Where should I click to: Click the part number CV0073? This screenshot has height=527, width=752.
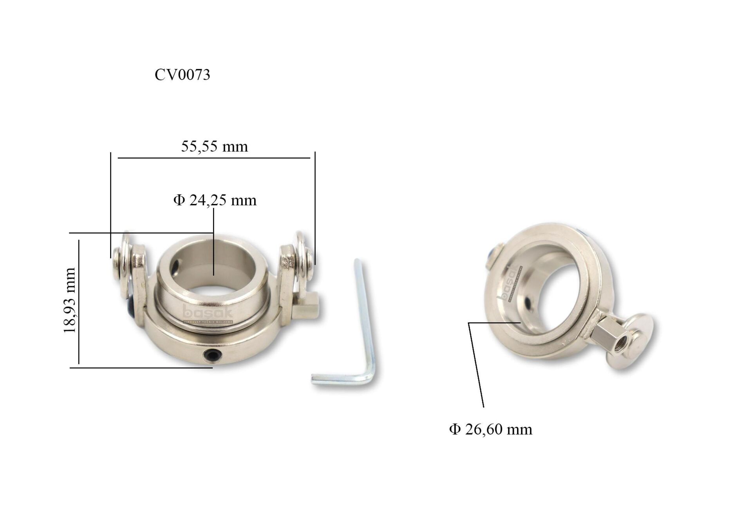(182, 74)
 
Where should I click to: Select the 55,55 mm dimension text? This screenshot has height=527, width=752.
(214, 146)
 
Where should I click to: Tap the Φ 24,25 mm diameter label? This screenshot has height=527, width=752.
(215, 200)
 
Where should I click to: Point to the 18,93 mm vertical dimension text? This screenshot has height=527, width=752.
(69, 300)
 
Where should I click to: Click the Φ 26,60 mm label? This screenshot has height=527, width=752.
(490, 430)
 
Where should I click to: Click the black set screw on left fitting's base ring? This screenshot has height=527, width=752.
(211, 355)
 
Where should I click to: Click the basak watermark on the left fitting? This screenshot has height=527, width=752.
(208, 313)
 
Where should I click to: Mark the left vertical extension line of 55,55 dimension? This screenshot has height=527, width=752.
(111, 204)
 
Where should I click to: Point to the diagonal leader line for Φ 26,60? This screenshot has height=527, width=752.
(476, 364)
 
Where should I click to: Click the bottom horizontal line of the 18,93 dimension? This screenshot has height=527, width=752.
(141, 368)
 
